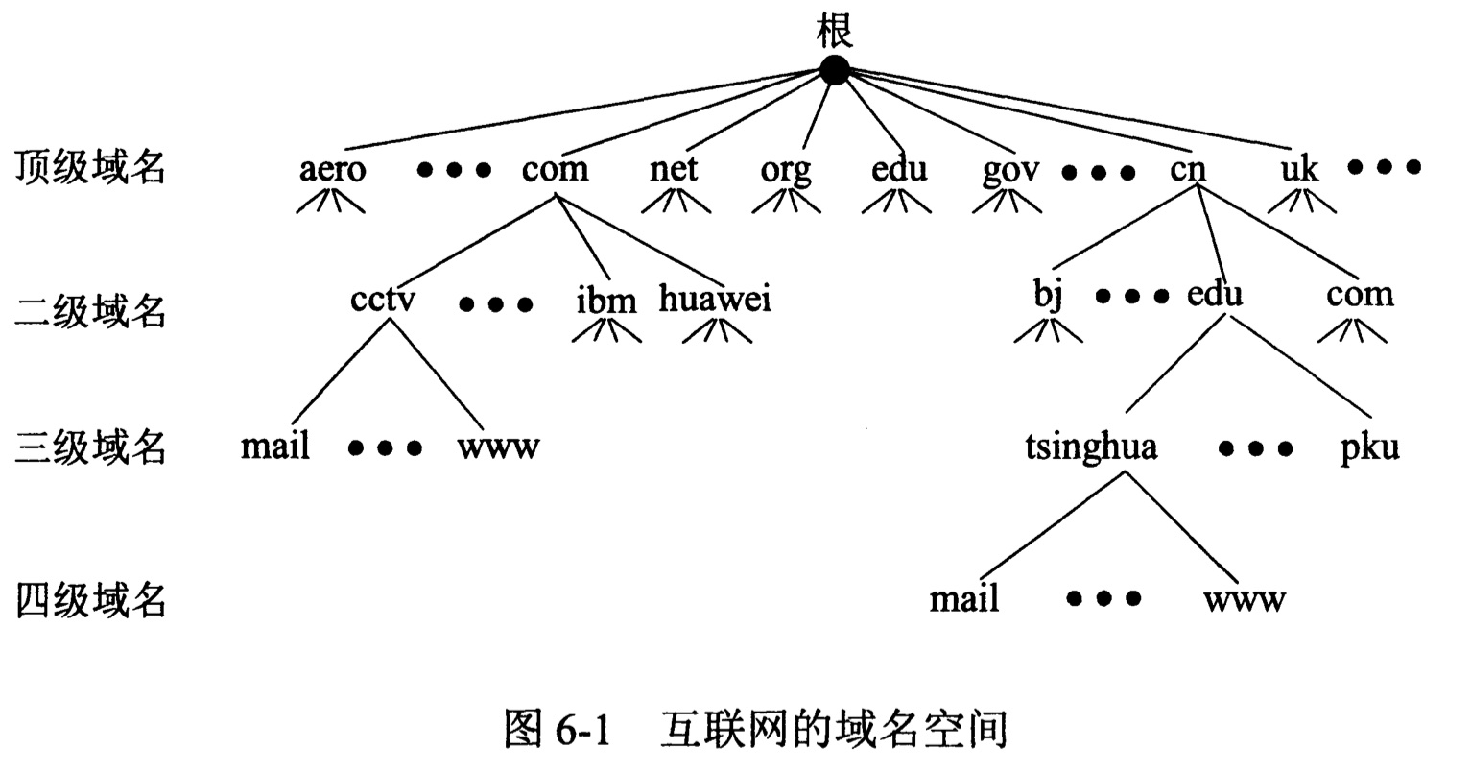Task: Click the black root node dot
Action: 835,69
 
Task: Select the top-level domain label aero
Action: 332,170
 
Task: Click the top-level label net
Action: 674,170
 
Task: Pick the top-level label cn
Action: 1187,170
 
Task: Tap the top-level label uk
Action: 1300,170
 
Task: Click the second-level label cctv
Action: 383,299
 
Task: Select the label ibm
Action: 606,301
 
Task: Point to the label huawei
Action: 715,299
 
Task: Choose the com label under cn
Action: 1359,294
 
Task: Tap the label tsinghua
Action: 1091,447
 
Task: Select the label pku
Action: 1369,448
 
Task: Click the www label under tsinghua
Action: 1245,600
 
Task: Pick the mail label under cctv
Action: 275,447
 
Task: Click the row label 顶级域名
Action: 91,168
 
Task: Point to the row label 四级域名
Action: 91,601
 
